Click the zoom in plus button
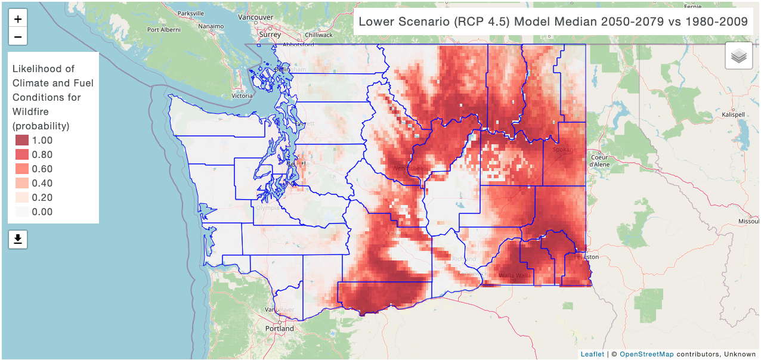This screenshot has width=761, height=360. (18, 19)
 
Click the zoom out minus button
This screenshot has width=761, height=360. (18, 37)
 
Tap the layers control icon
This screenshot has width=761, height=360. (739, 57)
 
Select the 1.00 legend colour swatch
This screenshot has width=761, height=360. (22, 141)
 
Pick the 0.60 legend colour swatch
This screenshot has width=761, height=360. (22, 169)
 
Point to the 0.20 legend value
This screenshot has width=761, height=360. (42, 198)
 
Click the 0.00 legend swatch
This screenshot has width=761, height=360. (22, 212)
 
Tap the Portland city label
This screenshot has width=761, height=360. (280, 328)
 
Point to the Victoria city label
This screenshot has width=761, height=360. (242, 95)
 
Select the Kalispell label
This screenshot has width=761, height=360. (734, 114)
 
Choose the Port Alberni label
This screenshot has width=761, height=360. (164, 29)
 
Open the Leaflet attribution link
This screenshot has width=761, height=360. (592, 354)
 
